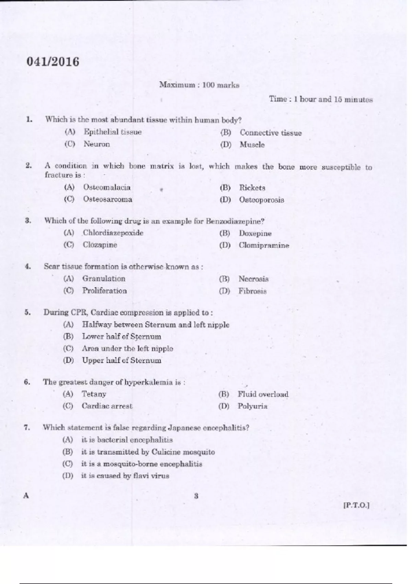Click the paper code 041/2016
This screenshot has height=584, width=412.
click(53, 62)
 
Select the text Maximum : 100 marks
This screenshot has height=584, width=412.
click(199, 85)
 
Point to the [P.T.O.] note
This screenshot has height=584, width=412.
click(356, 505)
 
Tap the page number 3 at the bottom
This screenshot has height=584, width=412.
click(196, 496)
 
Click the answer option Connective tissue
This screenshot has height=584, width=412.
click(271, 133)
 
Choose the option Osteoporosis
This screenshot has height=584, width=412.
click(261, 200)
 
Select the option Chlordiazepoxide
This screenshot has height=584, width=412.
click(113, 233)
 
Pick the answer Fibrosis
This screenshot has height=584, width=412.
click(252, 291)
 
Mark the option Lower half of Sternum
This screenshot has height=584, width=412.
click(121, 337)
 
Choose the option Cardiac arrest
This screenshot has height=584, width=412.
click(107, 406)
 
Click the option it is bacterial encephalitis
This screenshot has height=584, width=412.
click(127, 440)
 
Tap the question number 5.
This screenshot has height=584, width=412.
click(27, 312)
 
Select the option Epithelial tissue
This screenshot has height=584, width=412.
click(112, 132)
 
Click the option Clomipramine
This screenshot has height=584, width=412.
click(264, 246)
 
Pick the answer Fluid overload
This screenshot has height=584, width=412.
click(263, 394)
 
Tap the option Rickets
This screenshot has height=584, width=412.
click(252, 188)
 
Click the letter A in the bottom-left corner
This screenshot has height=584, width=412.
click(26, 496)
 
